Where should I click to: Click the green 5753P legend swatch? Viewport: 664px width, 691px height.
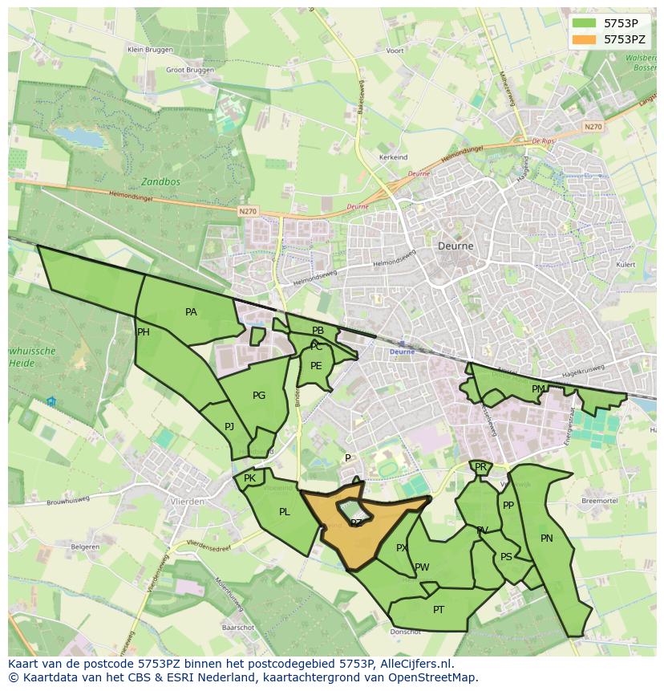585,23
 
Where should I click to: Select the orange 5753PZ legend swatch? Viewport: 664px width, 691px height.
585,39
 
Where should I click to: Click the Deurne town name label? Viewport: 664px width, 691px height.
455,246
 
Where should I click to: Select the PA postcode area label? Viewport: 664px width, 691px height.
191,312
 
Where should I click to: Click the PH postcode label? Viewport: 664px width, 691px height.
144,332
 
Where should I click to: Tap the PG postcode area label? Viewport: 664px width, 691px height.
259,395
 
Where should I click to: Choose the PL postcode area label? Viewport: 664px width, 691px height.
284,511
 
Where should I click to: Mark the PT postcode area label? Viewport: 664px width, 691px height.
439,610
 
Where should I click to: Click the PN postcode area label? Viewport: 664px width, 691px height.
547,539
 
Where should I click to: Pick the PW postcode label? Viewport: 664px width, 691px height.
422,567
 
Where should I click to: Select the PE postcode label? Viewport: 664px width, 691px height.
316,366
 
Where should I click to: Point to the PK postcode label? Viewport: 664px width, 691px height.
249,478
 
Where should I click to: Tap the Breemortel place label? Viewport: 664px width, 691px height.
598,500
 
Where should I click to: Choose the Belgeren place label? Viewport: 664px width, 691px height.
85,547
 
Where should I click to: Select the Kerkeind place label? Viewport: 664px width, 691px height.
393,157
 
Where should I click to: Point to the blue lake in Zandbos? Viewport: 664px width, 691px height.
80,137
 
